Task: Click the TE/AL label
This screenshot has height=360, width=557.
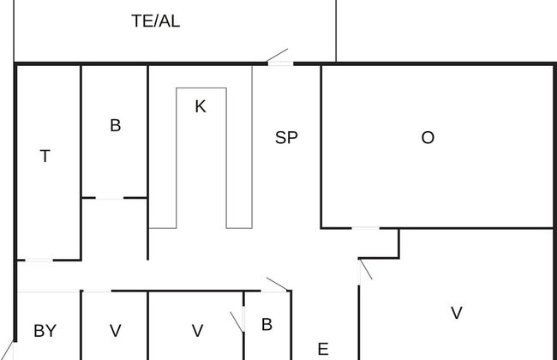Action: coord(155,21)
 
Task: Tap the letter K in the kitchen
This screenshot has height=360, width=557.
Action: coord(201,107)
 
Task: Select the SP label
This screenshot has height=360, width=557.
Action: coord(286,136)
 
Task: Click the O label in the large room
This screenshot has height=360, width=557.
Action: coord(428,137)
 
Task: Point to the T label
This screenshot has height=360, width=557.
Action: coord(45,156)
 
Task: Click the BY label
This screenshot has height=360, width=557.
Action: coord(45,330)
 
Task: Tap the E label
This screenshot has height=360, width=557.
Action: coord(323,349)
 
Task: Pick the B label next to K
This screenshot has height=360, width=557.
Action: coord(115,125)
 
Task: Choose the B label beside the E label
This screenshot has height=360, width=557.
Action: coord(267,324)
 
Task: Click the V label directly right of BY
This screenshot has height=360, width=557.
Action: coord(115,330)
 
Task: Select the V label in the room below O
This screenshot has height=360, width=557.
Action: coord(456,313)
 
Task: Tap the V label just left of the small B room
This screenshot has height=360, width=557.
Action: coord(197,330)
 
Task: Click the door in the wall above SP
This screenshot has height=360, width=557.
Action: coord(279,58)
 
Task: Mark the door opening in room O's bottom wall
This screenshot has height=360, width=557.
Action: coord(366,228)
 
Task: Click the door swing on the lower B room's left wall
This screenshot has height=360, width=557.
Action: coord(239,321)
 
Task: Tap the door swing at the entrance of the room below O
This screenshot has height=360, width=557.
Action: coord(364,269)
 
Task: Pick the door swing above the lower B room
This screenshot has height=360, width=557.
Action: coord(276,285)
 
